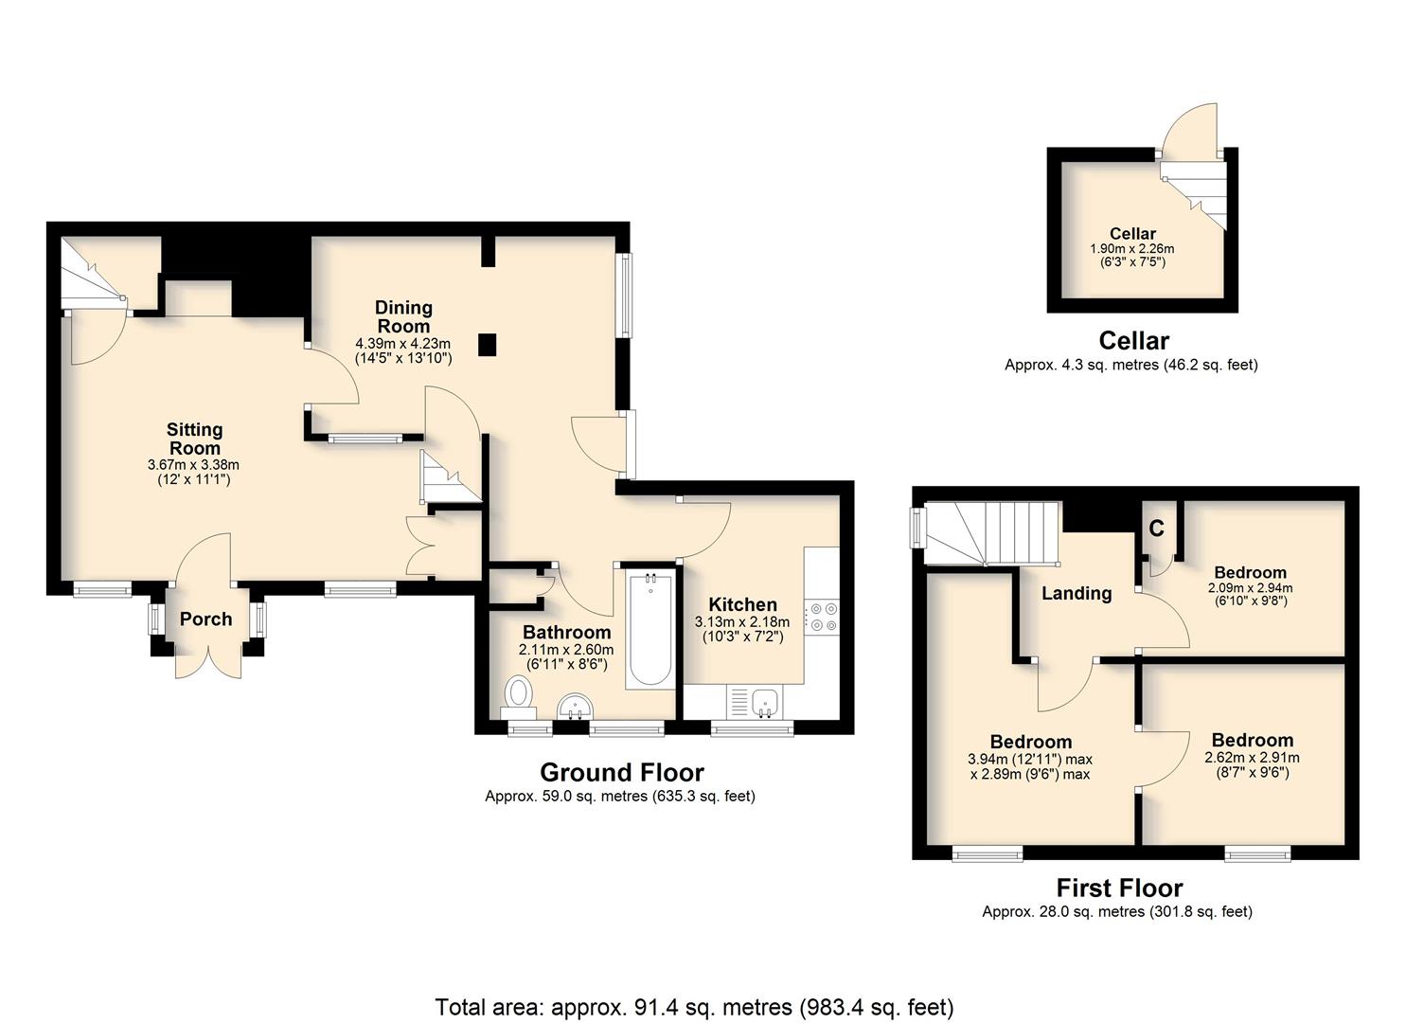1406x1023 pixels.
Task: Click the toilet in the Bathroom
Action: point(519,697)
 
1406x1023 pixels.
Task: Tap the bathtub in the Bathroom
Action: point(650,629)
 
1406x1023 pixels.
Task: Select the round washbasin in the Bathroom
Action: point(576,706)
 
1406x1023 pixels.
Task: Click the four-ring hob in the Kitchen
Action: point(822,617)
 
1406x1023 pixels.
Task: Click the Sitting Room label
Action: point(195,439)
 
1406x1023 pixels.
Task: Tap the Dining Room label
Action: point(403,316)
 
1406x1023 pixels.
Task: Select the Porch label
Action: point(205,619)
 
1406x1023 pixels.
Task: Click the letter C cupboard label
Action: point(1157,529)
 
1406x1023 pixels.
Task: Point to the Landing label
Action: point(1077,594)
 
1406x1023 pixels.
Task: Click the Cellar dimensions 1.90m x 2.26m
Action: point(1132,249)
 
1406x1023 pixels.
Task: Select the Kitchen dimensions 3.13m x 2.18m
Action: point(742,622)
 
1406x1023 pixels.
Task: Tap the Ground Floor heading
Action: point(622,772)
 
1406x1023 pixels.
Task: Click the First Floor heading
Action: point(1120,888)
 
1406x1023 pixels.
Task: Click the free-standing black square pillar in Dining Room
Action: point(488,346)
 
